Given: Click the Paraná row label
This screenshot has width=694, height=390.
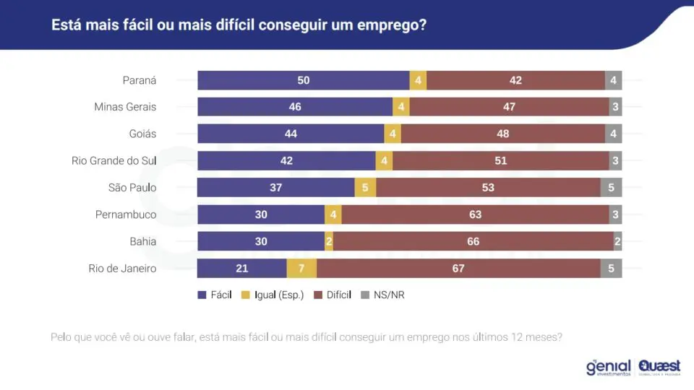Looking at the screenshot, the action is (140, 80).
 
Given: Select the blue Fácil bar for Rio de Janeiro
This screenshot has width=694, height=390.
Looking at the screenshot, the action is (242, 269).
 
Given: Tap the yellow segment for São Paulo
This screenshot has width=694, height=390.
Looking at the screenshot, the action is (365, 188).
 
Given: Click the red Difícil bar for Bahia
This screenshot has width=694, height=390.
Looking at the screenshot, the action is (473, 241).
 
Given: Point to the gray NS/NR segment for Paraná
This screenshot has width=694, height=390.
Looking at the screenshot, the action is (614, 80).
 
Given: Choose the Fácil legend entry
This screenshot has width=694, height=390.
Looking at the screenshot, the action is (215, 295).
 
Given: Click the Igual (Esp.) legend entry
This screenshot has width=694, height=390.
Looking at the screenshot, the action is (273, 295).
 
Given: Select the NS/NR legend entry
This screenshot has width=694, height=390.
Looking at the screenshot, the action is (383, 295).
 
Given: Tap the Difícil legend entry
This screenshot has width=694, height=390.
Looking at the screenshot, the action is (333, 295).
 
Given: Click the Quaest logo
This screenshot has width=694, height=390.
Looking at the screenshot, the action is (659, 368).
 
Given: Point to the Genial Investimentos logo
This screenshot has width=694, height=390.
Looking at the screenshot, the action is (609, 368).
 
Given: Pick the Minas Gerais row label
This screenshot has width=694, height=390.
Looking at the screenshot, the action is (125, 107).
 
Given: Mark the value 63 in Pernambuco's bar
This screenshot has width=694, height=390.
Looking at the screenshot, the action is (476, 214).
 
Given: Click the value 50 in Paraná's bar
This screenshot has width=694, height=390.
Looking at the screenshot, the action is (304, 80).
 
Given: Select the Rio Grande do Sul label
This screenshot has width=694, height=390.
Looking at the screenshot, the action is (114, 160).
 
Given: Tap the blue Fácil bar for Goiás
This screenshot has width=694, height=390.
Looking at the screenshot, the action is (291, 134).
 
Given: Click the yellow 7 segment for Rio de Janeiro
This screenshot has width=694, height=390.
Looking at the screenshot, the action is (301, 269).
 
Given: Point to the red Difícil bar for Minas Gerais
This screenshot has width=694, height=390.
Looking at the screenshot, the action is (509, 107).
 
